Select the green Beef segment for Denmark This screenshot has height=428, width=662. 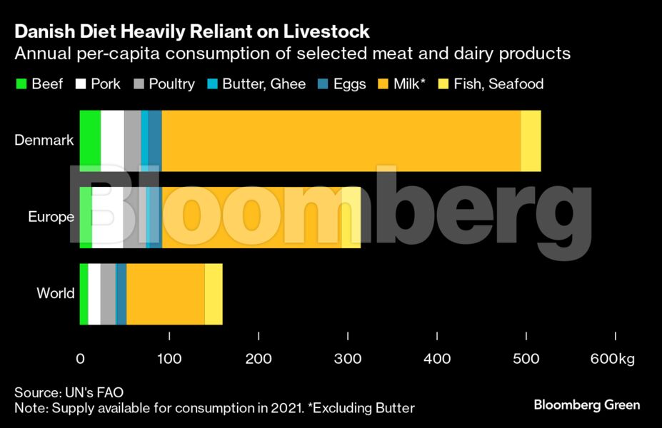pyautogui.click(x=90, y=141)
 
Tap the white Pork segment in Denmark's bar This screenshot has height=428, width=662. pyautogui.click(x=112, y=141)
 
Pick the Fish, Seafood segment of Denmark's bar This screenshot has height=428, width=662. pyautogui.click(x=531, y=141)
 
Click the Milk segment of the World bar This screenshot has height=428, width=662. pyautogui.click(x=166, y=293)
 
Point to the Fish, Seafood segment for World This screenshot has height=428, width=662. pyautogui.click(x=214, y=293)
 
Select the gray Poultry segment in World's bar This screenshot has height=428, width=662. pyautogui.click(x=107, y=293)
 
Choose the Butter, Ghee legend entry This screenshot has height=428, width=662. pyautogui.click(x=264, y=84)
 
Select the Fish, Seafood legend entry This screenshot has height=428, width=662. pyautogui.click(x=498, y=84)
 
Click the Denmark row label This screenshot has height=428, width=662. pyautogui.click(x=44, y=141)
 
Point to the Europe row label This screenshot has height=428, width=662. pyautogui.click(x=51, y=217)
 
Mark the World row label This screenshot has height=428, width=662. pyautogui.click(x=55, y=293)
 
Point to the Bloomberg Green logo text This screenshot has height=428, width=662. pyautogui.click(x=586, y=404)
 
